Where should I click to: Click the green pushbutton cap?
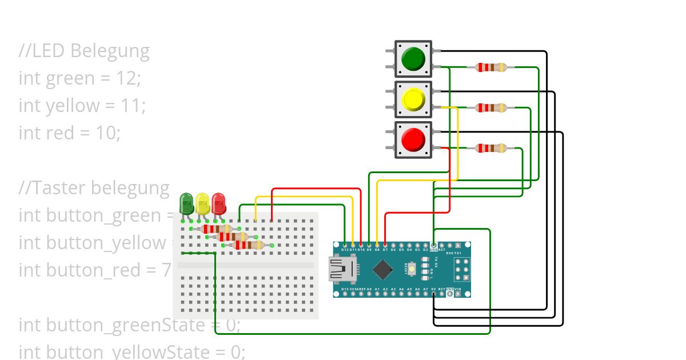(413, 59)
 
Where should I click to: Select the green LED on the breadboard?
(186, 204)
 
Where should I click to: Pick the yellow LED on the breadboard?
(202, 204)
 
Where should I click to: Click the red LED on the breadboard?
(218, 204)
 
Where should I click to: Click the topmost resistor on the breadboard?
(216, 229)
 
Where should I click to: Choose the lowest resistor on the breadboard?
(249, 245)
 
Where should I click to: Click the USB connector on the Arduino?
(341, 269)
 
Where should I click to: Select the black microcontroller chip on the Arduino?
(382, 269)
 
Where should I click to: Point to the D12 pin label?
(345, 250)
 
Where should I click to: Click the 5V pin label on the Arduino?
(434, 289)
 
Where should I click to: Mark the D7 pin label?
(385, 250)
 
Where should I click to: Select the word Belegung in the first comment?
(110, 51)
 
